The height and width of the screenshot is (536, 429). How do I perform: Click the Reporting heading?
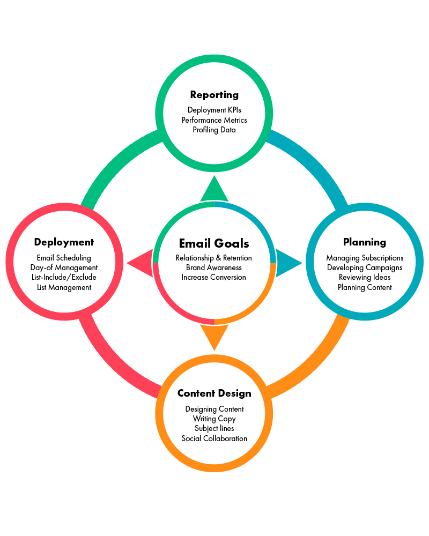214,95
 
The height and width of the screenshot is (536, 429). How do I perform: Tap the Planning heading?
365,242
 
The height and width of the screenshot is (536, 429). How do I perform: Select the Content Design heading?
214,393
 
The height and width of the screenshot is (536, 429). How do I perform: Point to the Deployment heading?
64,242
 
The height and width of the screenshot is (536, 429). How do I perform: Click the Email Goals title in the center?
214,243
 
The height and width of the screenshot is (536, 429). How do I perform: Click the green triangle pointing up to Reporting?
214,190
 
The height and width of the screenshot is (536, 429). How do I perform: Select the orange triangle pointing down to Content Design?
214,336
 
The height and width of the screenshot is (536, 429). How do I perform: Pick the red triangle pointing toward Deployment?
141,263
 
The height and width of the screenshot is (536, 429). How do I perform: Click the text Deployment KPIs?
214,110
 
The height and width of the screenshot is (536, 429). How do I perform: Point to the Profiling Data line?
214,130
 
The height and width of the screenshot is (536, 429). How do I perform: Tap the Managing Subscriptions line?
365,258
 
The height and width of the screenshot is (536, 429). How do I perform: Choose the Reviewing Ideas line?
365,277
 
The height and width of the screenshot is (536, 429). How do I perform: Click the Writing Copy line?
214,419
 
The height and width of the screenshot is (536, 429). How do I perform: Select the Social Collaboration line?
214,438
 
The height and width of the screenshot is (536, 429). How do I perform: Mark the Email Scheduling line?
64,258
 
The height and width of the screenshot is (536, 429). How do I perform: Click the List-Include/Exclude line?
64,277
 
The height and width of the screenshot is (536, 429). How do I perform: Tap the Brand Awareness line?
214,267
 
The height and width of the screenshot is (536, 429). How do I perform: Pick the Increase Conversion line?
214,277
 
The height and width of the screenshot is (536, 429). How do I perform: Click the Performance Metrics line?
214,120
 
